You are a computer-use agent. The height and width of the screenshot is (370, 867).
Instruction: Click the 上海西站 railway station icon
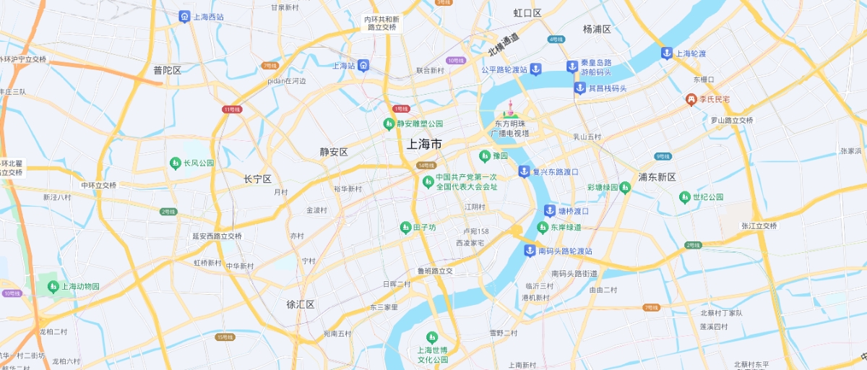pos(184,16)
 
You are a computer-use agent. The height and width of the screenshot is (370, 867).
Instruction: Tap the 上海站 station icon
pos(363,65)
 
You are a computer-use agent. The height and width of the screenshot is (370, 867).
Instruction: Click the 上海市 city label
pos(424,144)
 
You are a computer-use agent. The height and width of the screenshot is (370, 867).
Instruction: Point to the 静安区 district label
pos(334,152)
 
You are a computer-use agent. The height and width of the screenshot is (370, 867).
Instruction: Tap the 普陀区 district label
pos(167,70)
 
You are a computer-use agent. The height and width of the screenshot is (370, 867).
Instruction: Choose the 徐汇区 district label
pos(301,304)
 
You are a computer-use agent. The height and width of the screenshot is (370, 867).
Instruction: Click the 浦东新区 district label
pos(657,177)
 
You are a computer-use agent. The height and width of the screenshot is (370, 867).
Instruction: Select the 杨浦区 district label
pos(597,30)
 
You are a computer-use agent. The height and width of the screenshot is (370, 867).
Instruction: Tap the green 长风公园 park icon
pos(175,163)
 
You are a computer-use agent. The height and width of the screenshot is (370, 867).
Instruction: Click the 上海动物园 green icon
pos(53,287)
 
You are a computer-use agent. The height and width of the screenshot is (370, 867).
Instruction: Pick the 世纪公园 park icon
pos(684,197)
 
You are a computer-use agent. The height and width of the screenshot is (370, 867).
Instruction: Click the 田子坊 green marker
pos(405,228)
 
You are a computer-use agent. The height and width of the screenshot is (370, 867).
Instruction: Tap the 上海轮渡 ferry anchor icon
pos(666,53)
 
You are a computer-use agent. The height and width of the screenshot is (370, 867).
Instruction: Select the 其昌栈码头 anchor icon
pos(579,88)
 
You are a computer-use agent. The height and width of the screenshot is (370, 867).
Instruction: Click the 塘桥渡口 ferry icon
pos(549,211)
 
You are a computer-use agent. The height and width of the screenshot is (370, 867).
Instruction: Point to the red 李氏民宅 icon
pos(691,98)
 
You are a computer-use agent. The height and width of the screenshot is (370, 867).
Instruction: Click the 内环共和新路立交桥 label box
pos(381,23)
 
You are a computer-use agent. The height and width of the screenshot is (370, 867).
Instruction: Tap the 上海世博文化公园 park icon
pos(432,337)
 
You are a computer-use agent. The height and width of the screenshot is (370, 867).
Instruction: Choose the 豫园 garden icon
pos(484,155)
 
